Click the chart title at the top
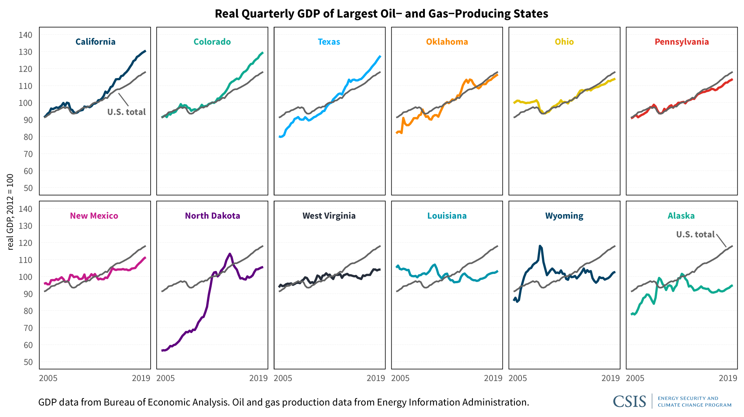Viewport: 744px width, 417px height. click(x=381, y=14)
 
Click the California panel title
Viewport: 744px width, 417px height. click(x=95, y=42)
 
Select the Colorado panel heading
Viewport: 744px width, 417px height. click(x=212, y=42)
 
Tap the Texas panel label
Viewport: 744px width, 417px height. click(x=329, y=42)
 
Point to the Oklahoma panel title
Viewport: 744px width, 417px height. click(x=447, y=42)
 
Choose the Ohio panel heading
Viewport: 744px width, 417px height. click(x=564, y=42)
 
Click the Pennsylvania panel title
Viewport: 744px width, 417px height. click(x=682, y=42)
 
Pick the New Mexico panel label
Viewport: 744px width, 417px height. click(x=94, y=216)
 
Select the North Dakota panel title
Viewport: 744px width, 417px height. click(x=212, y=216)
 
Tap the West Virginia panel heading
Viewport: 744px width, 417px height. click(x=329, y=216)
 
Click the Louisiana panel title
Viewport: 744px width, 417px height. click(x=447, y=216)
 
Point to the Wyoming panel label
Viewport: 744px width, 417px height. click(x=564, y=216)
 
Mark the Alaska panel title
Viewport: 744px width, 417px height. click(x=681, y=216)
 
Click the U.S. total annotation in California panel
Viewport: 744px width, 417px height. click(x=126, y=112)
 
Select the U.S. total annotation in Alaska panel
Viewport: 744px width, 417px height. click(x=695, y=234)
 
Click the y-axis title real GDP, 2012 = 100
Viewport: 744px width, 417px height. click(x=10, y=212)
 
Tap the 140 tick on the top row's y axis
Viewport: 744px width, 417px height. click(x=25, y=35)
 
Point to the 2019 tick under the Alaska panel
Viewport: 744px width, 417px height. click(x=728, y=378)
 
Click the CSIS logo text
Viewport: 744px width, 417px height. click(x=629, y=401)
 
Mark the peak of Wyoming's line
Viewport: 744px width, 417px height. click(x=540, y=246)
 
